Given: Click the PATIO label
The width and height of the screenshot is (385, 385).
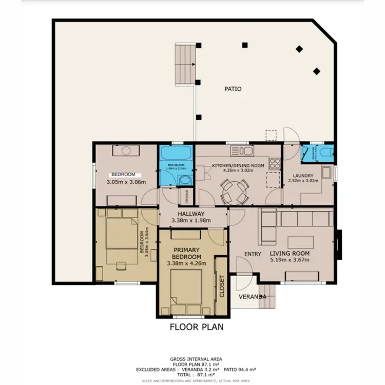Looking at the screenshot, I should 233,89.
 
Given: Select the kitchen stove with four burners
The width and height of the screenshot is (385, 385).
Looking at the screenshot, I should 274,164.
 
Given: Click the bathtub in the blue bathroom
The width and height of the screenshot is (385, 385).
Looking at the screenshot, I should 176,153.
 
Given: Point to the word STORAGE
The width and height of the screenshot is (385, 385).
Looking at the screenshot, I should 185,196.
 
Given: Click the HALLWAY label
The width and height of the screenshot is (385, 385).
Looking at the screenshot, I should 191,214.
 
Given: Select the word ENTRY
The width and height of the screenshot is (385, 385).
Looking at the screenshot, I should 253,254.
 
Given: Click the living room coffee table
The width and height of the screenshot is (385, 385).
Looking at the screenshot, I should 301,242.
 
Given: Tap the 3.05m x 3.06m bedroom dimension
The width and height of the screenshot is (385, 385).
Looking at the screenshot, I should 126,182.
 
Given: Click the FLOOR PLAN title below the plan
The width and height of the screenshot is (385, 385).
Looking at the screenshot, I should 197,326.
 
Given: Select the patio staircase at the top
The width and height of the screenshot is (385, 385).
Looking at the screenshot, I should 185,64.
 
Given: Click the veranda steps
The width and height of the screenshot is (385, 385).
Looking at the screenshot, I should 267,297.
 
